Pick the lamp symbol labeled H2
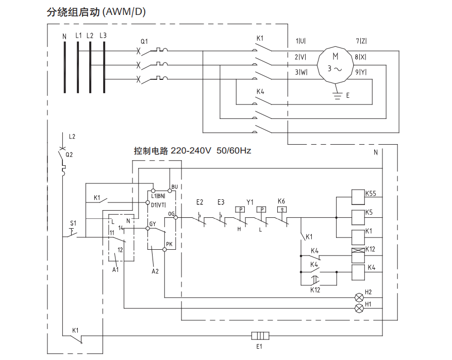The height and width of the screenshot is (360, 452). [359, 297]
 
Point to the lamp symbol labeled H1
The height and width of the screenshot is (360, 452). [359, 308]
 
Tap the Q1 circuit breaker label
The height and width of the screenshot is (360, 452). [144, 41]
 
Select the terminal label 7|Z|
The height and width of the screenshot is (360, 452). [361, 41]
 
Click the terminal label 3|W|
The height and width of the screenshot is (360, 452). [300, 72]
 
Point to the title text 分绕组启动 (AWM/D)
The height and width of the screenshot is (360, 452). [96, 12]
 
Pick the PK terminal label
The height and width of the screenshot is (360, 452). [169, 244]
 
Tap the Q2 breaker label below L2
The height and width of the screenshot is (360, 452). [69, 153]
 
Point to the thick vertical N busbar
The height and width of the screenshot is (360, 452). [64, 67]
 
